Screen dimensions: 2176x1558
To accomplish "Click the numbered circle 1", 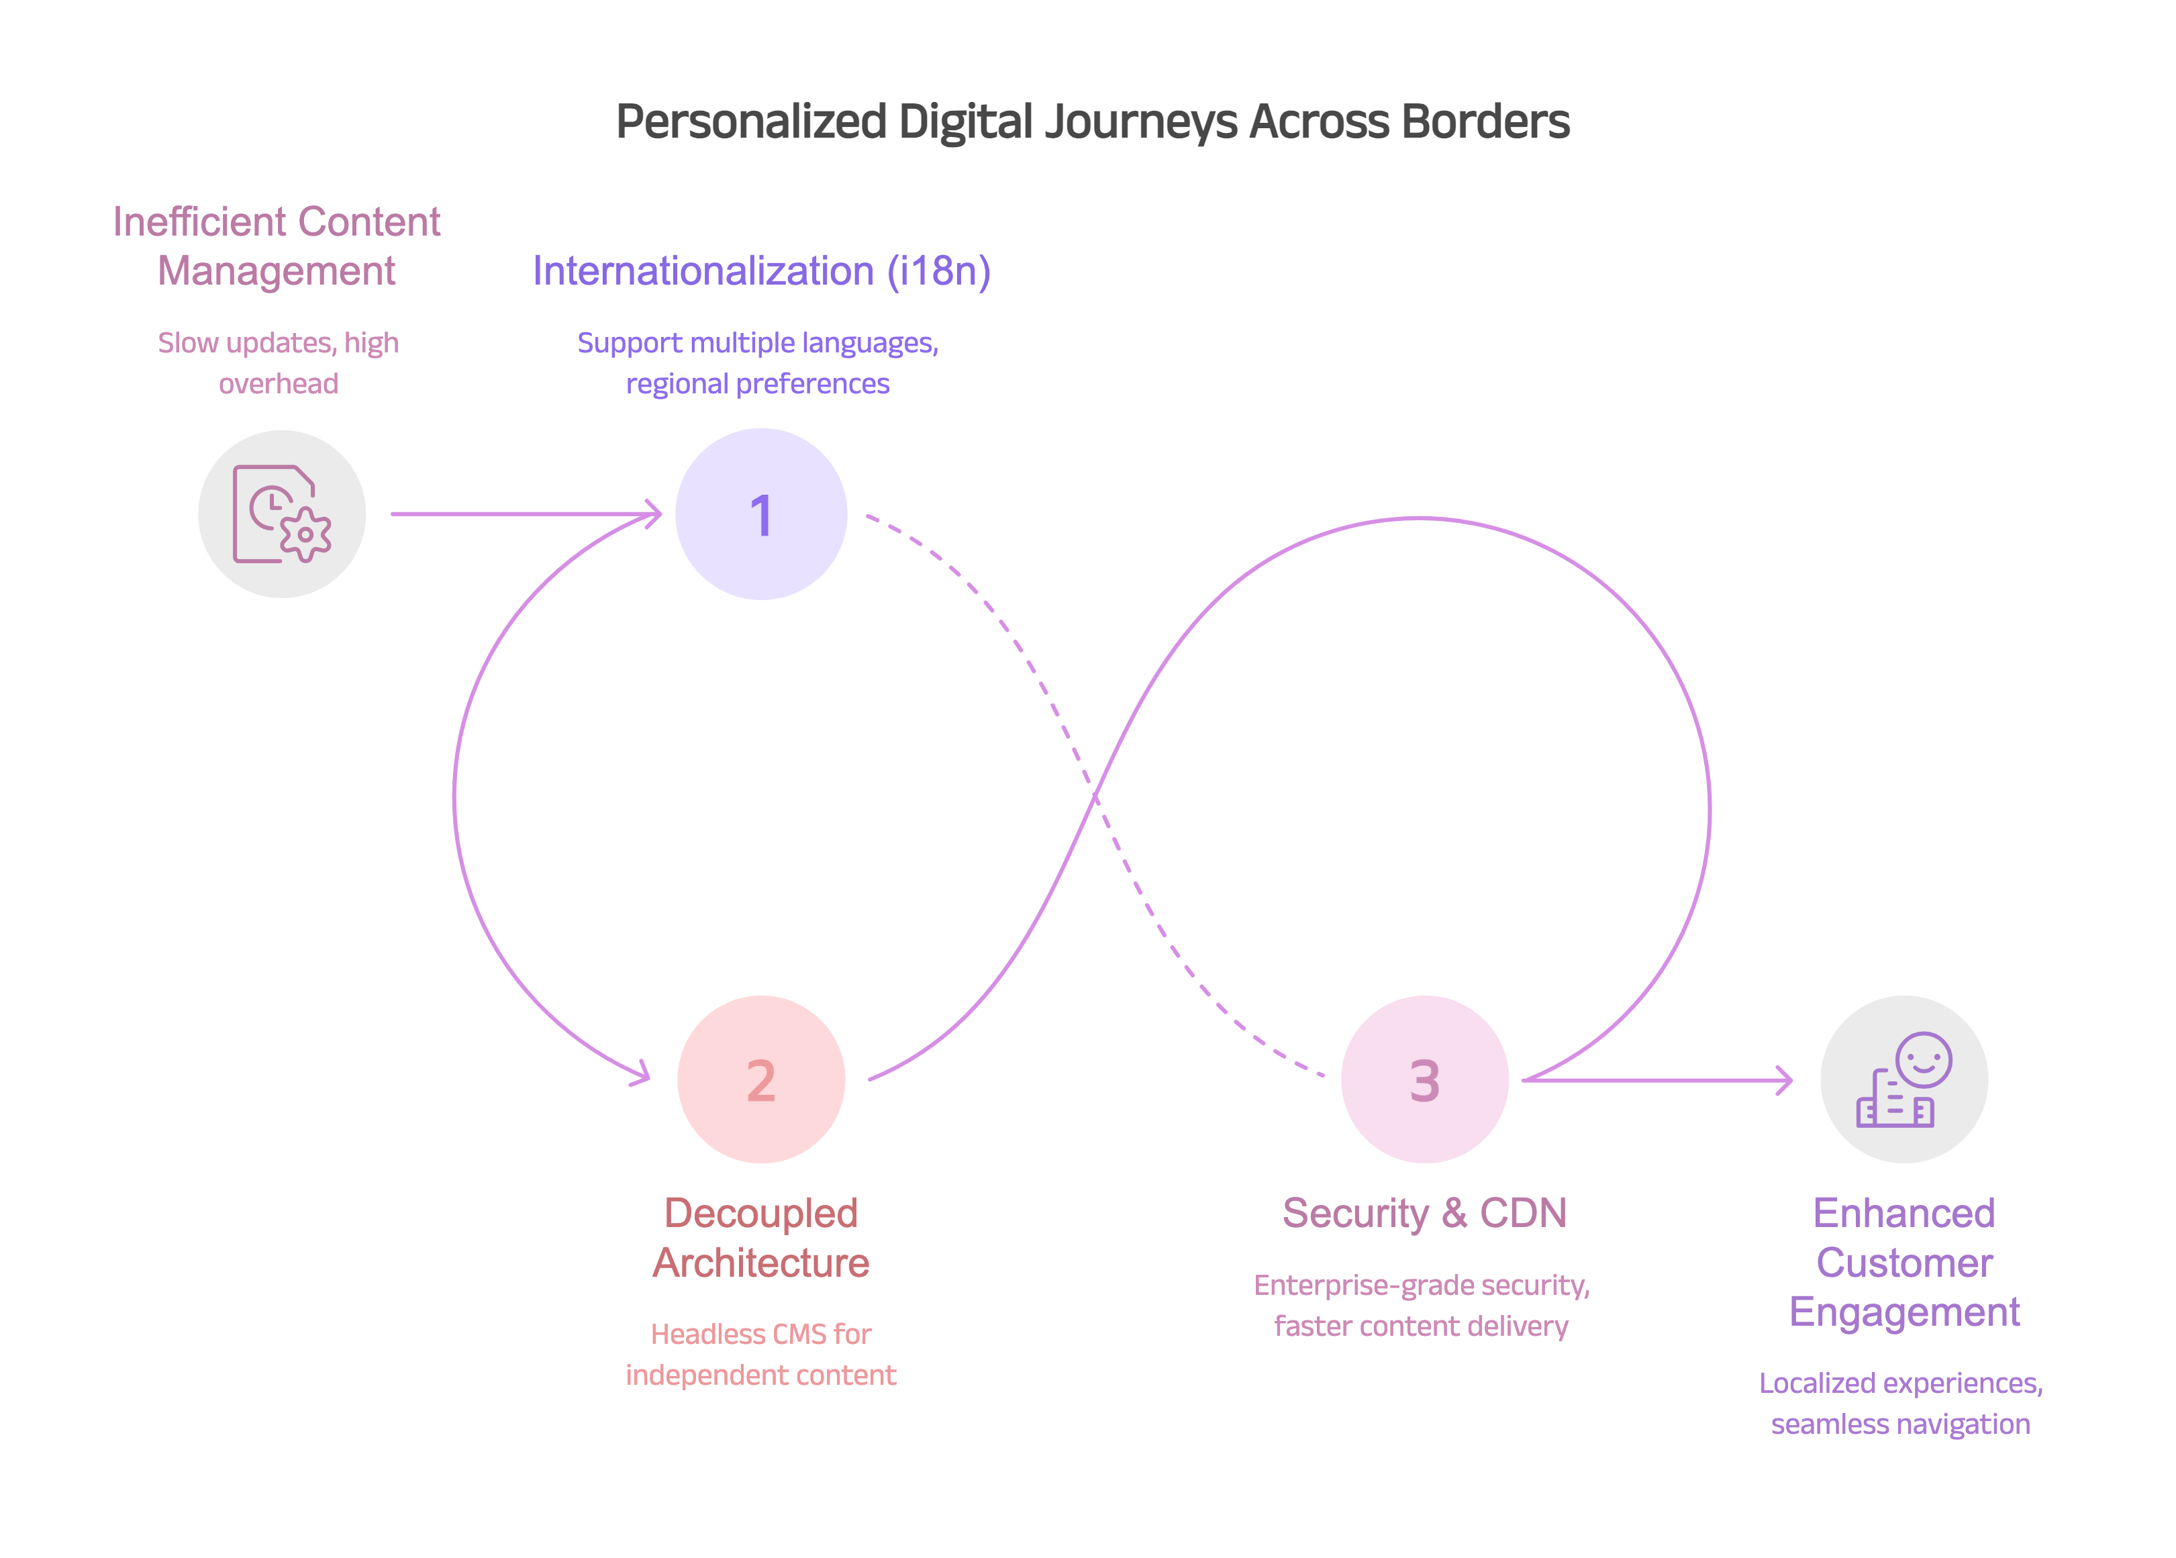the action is pos(760,514).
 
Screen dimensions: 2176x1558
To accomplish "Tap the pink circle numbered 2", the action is pos(760,1079).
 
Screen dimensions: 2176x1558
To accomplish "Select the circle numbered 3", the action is pos(1424,1079).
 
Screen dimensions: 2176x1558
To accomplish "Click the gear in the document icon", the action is pos(305,534).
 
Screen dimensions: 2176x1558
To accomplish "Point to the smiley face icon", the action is pos(1923,1059).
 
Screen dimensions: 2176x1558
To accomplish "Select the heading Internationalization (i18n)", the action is pos(761,271).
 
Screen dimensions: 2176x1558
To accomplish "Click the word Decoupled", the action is pos(760,1214).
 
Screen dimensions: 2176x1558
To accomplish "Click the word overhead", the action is pos(278,384).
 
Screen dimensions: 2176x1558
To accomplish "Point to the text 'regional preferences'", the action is pos(758,384).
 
